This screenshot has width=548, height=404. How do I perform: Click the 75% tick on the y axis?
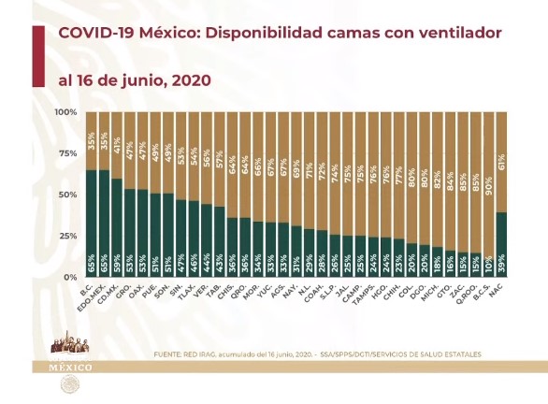[67, 153]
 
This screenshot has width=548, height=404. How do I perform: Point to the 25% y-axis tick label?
[67, 237]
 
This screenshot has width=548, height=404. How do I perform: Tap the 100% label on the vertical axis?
[65, 112]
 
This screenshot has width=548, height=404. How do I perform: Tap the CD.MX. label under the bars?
[114, 295]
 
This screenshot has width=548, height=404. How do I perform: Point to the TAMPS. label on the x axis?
[355, 295]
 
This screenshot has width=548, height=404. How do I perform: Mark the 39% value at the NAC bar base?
[502, 268]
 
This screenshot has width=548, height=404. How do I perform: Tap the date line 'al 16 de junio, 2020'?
[134, 79]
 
